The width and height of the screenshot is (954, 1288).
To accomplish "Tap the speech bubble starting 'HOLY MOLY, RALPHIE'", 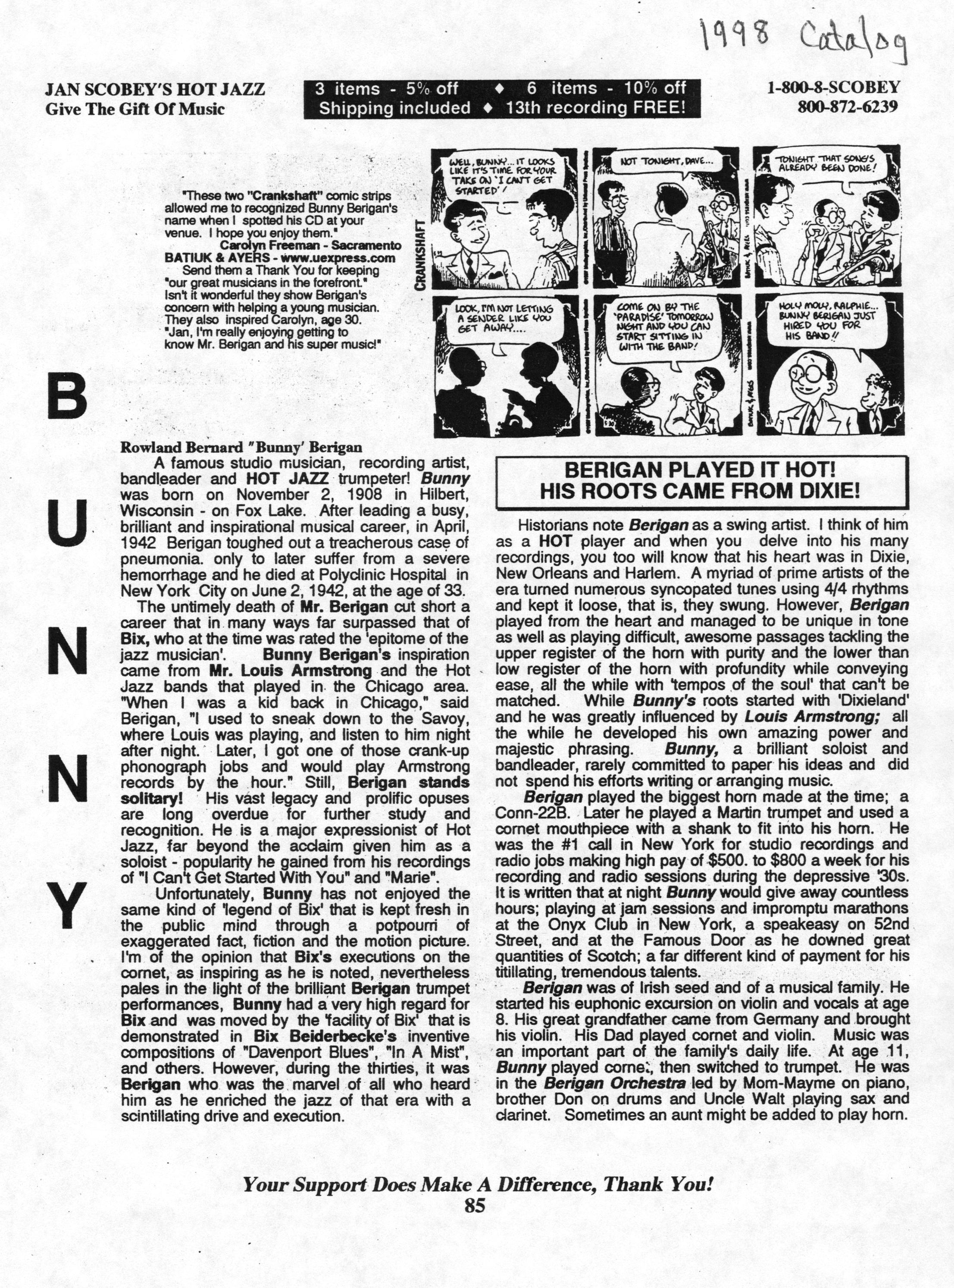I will click(x=826, y=325).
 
